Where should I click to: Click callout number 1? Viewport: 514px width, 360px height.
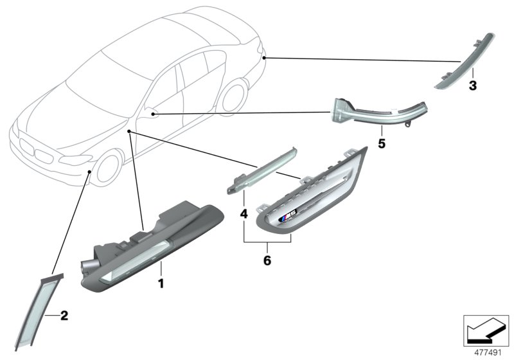point(161,282)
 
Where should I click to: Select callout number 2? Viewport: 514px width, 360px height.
point(63,316)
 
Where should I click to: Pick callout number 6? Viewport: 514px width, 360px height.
point(267,261)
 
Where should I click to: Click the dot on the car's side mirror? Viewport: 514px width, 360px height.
point(154,114)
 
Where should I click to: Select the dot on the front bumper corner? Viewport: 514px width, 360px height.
point(88,172)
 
